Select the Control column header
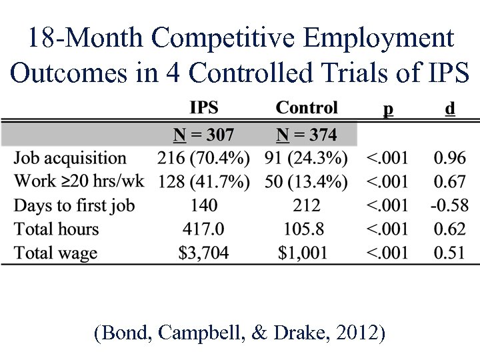(x=307, y=108)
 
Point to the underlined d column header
(x=450, y=108)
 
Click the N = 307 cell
(x=203, y=135)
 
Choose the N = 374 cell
(x=307, y=135)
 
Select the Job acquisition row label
(x=70, y=159)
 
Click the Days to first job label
(x=74, y=205)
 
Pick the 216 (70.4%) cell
(x=203, y=159)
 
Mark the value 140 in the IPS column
(x=203, y=205)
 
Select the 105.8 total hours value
(x=304, y=229)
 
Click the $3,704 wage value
(x=203, y=253)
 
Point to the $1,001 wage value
(x=304, y=253)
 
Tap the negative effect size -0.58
(x=449, y=205)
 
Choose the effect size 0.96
(x=450, y=159)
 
